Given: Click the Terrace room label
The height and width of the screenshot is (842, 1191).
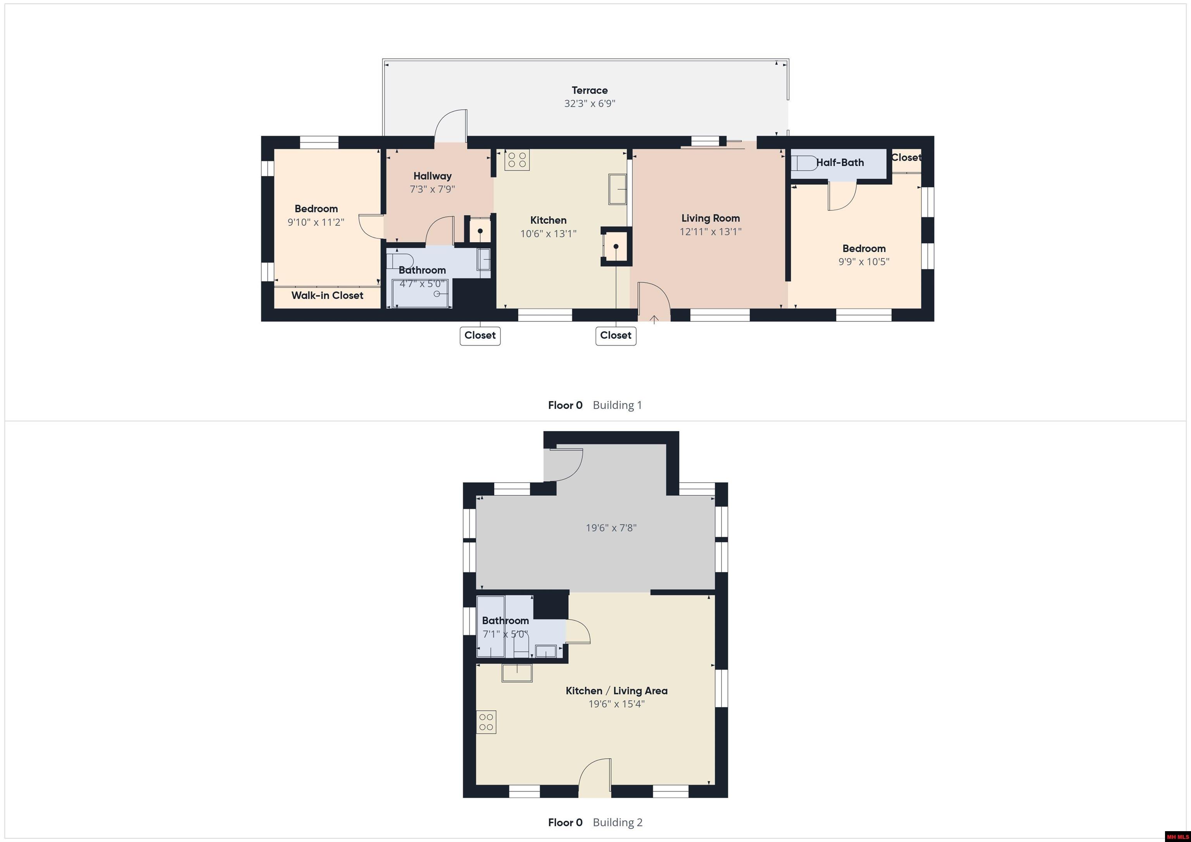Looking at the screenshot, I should pyautogui.click(x=589, y=90).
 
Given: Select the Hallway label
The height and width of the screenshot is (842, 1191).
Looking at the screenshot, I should pyautogui.click(x=432, y=176).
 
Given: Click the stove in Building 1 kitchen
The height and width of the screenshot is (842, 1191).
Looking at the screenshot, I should pyautogui.click(x=517, y=160).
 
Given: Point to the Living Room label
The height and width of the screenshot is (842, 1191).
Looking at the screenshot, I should pyautogui.click(x=710, y=218).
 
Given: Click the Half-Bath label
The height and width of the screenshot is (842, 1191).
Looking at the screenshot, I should pyautogui.click(x=840, y=163).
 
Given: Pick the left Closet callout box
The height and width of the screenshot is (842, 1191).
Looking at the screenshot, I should pyautogui.click(x=480, y=336).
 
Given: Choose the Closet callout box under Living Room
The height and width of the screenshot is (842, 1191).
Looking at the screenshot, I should pyautogui.click(x=615, y=336).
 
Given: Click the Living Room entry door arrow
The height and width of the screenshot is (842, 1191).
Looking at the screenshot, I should pyautogui.click(x=654, y=319).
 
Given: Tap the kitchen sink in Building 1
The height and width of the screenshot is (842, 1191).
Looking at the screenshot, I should pyautogui.click(x=617, y=189).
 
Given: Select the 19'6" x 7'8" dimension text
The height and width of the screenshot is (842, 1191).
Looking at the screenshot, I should pyautogui.click(x=611, y=528).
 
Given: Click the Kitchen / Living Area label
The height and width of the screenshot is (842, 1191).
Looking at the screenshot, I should pyautogui.click(x=616, y=690).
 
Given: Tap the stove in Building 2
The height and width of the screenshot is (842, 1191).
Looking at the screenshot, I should pyautogui.click(x=486, y=722).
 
